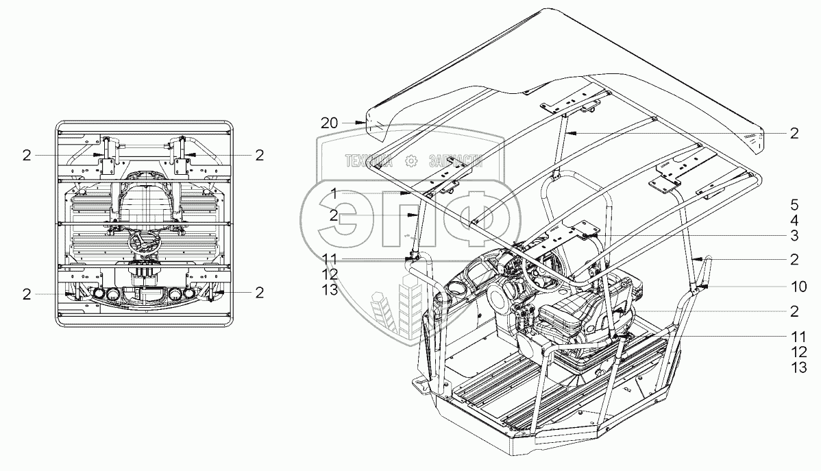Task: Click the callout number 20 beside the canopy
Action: (x=329, y=123)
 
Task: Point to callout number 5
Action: (x=794, y=204)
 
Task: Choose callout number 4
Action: (x=794, y=221)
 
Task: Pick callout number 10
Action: (x=794, y=285)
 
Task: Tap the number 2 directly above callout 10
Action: (x=794, y=260)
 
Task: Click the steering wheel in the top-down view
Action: (x=145, y=241)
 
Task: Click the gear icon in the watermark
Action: (x=412, y=162)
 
